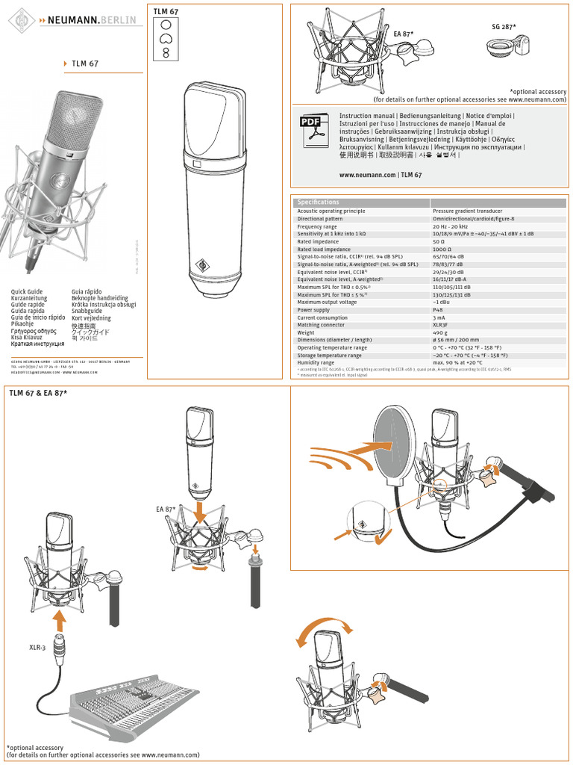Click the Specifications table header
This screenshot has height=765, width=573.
point(319,202)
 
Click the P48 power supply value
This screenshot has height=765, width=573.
point(439,309)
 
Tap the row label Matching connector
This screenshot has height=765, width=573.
point(322,325)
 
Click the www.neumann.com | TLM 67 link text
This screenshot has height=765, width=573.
point(381,174)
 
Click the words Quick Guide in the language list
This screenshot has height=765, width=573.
point(26,291)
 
